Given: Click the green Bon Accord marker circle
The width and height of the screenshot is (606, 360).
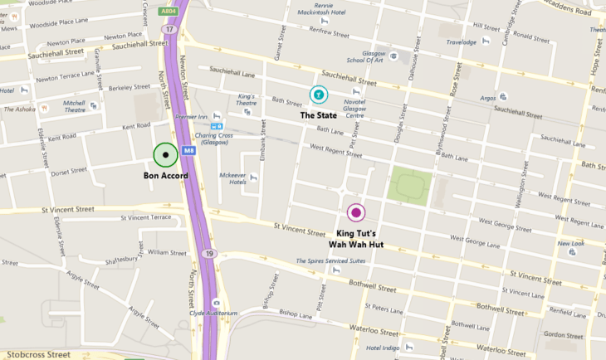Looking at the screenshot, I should coord(166,155).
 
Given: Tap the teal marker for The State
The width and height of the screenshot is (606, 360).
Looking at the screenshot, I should coord(319,95).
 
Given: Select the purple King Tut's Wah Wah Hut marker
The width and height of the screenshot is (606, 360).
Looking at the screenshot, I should coord(356,212).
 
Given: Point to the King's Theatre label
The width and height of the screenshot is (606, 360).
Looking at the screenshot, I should coord(247,100).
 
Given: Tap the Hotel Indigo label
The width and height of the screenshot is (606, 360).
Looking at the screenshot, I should coord(384,348).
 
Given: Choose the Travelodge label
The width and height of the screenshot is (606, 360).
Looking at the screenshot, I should coord(462,41).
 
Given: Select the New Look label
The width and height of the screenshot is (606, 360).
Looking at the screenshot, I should coord(570,244).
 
